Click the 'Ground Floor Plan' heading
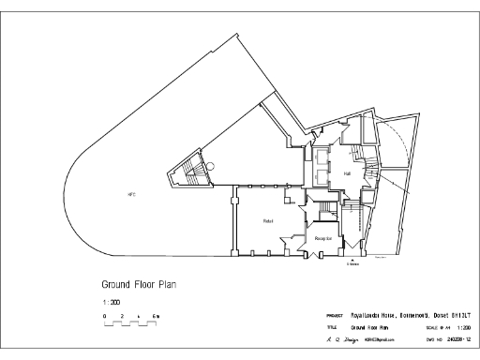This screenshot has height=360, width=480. pyautogui.click(x=139, y=283)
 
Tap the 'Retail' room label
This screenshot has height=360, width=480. pyautogui.click(x=267, y=220)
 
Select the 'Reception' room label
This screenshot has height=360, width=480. pyautogui.click(x=325, y=239)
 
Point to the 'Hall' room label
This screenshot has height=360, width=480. pyautogui.click(x=347, y=173)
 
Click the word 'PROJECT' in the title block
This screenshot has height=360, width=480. pyautogui.click(x=334, y=316)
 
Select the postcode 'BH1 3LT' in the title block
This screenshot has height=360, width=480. pyautogui.click(x=453, y=315)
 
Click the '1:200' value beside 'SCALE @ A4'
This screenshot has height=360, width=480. pyautogui.click(x=462, y=328)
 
